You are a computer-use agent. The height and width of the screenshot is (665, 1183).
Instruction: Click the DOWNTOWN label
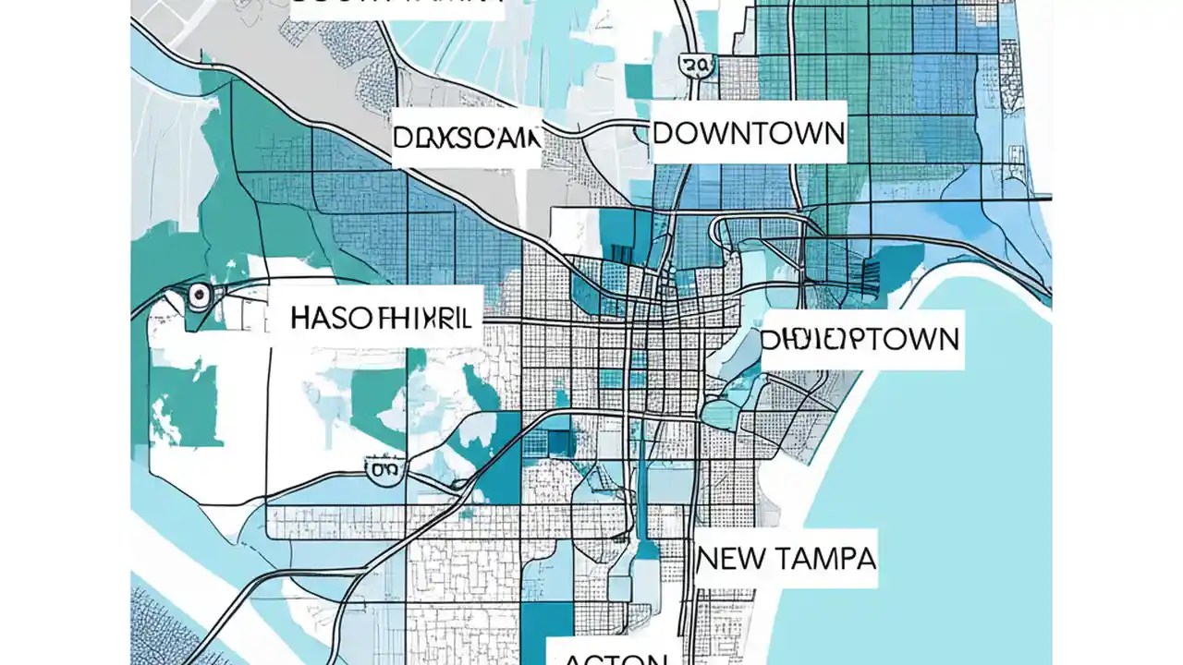coord(748,134)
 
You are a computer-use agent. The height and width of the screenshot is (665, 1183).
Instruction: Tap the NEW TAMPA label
coord(786,558)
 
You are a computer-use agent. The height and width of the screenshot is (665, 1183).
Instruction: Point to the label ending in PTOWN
coord(860,339)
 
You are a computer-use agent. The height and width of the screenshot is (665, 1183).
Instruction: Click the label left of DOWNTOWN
coord(466,139)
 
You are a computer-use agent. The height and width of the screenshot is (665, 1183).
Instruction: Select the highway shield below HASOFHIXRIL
coord(384,470)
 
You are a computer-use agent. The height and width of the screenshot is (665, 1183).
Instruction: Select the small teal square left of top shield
coord(638,79)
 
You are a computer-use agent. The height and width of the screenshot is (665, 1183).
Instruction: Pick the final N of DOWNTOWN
coord(831,134)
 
